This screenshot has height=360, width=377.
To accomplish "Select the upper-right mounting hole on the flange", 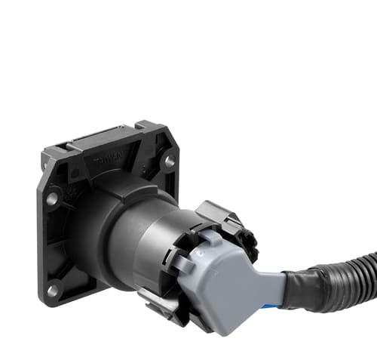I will point(169,161).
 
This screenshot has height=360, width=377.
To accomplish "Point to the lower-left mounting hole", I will point(53,289).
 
